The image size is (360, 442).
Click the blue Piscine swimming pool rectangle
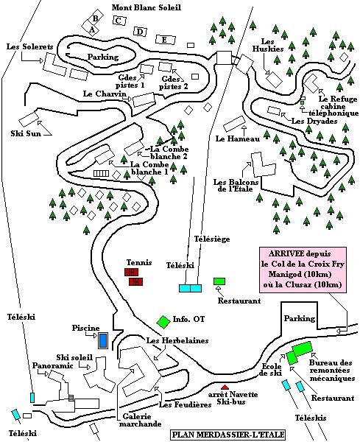pyautogui.click(x=103, y=340)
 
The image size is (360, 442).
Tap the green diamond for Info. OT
pyautogui.click(x=163, y=322)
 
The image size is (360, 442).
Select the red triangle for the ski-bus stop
pyautogui.click(x=225, y=387)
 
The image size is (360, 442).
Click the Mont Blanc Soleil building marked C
pyautogui.click(x=119, y=21)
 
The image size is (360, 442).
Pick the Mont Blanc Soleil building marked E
pyautogui.click(x=165, y=40)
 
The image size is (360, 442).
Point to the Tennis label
pyautogui.click(x=139, y=262)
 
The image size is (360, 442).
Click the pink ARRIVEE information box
pyautogui.click(x=303, y=270)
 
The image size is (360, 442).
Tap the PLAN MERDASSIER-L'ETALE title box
pyautogui.click(x=227, y=435)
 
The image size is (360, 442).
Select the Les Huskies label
pyautogui.click(x=267, y=45)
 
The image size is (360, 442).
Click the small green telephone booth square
pyautogui.click(x=303, y=102)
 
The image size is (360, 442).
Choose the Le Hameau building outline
pyautogui.click(x=234, y=124)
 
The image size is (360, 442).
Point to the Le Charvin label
pyautogui.click(x=105, y=94)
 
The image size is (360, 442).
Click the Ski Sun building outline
pyautogui.click(x=28, y=119)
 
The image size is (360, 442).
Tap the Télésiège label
pyautogui.click(x=212, y=239)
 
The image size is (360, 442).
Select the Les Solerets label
pyautogui.click(x=30, y=46)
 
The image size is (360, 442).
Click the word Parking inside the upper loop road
pyautogui.click(x=103, y=57)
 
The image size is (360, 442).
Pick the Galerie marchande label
pyautogui.click(x=141, y=420)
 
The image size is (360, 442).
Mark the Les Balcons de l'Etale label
pyautogui.click(x=236, y=185)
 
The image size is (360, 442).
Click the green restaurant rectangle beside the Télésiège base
pyautogui.click(x=219, y=281)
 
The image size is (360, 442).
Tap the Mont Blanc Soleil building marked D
pyautogui.click(x=141, y=32)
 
